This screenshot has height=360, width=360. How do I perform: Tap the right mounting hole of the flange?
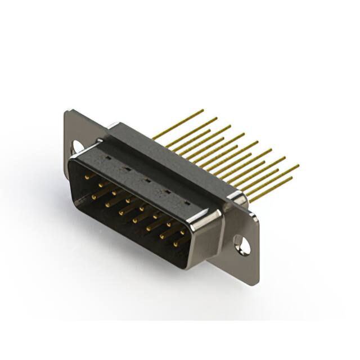click(x=242, y=245)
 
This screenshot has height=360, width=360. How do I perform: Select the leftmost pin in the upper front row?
click(x=88, y=177)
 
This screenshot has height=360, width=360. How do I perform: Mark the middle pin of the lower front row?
click(x=136, y=219)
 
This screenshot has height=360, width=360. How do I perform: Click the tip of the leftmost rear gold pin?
click(x=202, y=110)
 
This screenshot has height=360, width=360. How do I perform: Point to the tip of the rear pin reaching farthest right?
click(x=298, y=166)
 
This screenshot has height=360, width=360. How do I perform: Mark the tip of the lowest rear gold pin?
click(x=292, y=179)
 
